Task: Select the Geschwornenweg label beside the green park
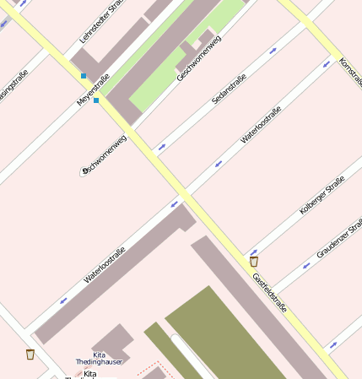[199, 57]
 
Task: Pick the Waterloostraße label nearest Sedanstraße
[260, 124]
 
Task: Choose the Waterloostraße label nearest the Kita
[105, 264]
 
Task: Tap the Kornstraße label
[349, 72]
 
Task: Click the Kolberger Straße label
[321, 196]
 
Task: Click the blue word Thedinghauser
[100, 362]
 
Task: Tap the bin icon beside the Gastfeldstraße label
[254, 262]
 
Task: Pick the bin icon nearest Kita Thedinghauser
[30, 354]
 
